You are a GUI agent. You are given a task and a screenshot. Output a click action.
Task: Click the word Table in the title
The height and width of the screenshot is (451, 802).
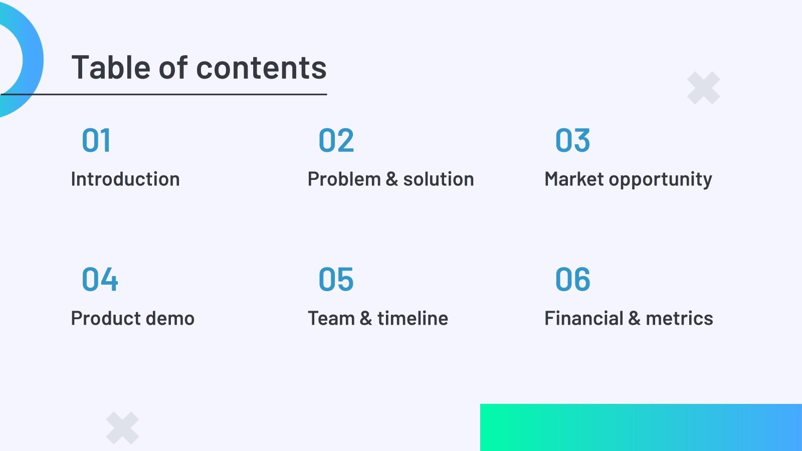(111, 67)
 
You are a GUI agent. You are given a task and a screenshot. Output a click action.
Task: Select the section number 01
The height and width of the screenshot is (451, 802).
(96, 140)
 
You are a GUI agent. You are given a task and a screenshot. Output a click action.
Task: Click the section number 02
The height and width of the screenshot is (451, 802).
(336, 140)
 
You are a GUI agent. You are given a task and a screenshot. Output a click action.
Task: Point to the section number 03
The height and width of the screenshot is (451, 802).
(572, 140)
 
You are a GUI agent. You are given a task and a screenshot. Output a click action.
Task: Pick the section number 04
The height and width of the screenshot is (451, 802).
(100, 279)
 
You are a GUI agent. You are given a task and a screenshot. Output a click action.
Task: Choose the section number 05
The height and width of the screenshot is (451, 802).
(336, 279)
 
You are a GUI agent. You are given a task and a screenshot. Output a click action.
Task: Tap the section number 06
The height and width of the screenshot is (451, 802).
(572, 279)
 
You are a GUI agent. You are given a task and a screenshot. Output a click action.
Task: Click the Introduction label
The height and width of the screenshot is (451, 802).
(125, 179)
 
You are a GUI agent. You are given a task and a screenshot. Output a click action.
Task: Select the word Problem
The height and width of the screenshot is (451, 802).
(344, 179)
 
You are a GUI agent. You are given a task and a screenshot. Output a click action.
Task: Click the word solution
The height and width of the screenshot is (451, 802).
(439, 179)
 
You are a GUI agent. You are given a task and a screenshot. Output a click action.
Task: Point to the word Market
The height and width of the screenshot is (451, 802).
(574, 179)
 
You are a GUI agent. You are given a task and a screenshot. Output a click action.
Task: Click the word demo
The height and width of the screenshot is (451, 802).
(170, 318)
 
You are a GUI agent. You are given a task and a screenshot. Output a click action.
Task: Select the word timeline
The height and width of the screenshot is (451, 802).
(413, 318)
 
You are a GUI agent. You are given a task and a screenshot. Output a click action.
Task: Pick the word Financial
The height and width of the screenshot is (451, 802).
(584, 318)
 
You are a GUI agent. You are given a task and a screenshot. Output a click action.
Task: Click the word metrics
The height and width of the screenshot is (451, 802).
(679, 318)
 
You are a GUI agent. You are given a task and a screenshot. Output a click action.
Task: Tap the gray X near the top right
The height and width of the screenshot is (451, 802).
(704, 88)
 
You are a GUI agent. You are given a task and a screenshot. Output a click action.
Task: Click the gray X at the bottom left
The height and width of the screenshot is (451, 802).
(122, 428)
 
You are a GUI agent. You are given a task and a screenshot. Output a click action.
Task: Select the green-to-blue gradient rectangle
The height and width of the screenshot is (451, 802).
(641, 427)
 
